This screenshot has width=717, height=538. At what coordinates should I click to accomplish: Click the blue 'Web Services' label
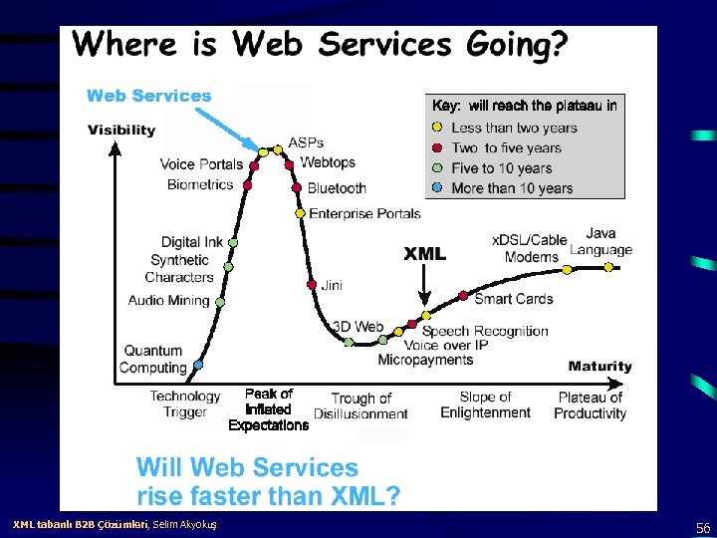[x=149, y=96]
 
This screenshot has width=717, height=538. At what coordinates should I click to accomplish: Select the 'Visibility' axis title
[x=121, y=130]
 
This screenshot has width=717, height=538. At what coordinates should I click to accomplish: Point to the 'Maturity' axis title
[x=599, y=366]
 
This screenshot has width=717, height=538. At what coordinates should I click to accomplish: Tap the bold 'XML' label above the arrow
[x=424, y=254]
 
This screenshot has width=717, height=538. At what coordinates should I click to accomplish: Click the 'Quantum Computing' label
[x=153, y=359]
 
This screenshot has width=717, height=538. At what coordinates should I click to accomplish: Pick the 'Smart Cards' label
[x=513, y=298]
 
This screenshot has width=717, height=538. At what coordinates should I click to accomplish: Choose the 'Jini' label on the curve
[x=332, y=285]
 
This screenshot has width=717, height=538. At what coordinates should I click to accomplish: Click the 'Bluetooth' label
[x=337, y=188]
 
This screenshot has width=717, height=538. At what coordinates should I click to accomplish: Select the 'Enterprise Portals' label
[x=365, y=213]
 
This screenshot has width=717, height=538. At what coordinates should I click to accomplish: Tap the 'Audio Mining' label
[x=168, y=300]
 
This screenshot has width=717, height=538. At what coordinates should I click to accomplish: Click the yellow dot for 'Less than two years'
[x=438, y=128]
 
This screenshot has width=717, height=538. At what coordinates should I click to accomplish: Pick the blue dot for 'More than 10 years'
[x=438, y=187]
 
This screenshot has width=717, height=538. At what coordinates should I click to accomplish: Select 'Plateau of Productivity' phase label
[x=591, y=404]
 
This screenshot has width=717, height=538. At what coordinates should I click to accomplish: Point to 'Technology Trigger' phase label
[x=185, y=403]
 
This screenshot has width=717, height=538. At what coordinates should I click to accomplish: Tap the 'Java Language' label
[x=600, y=242]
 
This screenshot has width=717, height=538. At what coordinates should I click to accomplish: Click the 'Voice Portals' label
[x=201, y=164]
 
